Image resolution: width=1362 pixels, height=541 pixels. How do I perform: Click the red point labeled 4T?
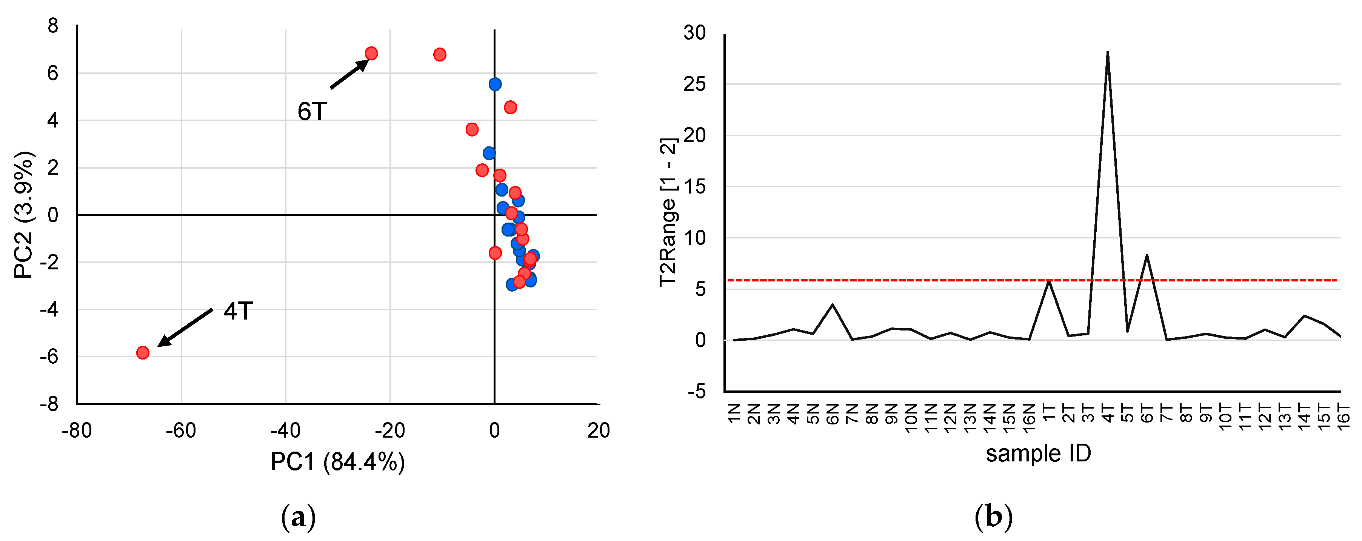tap(143, 352)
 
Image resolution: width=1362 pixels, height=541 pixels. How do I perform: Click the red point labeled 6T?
tap(371, 53)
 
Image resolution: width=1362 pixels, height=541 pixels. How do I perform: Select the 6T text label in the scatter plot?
tap(312, 111)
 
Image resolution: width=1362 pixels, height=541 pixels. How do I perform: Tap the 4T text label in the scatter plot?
tap(238, 311)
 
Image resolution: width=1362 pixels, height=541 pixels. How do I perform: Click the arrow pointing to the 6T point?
tap(349, 74)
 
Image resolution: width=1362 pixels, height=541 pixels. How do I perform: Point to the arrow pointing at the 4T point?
tap(185, 327)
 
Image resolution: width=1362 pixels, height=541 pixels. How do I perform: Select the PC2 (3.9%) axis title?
tap(24, 215)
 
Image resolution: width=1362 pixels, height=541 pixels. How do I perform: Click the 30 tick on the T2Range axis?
tap(694, 33)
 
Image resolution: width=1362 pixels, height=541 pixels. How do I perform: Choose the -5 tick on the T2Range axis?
tap(696, 392)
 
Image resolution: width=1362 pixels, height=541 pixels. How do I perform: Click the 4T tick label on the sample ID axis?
tap(1107, 414)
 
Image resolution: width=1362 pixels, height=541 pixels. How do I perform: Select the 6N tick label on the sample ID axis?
tap(833, 414)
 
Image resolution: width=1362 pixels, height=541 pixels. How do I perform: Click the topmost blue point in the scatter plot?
tap(495, 84)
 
